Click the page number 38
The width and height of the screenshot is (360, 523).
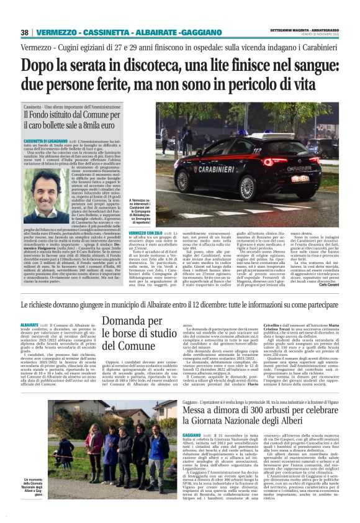(24, 32)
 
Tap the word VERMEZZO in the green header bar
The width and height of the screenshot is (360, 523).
(58, 32)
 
